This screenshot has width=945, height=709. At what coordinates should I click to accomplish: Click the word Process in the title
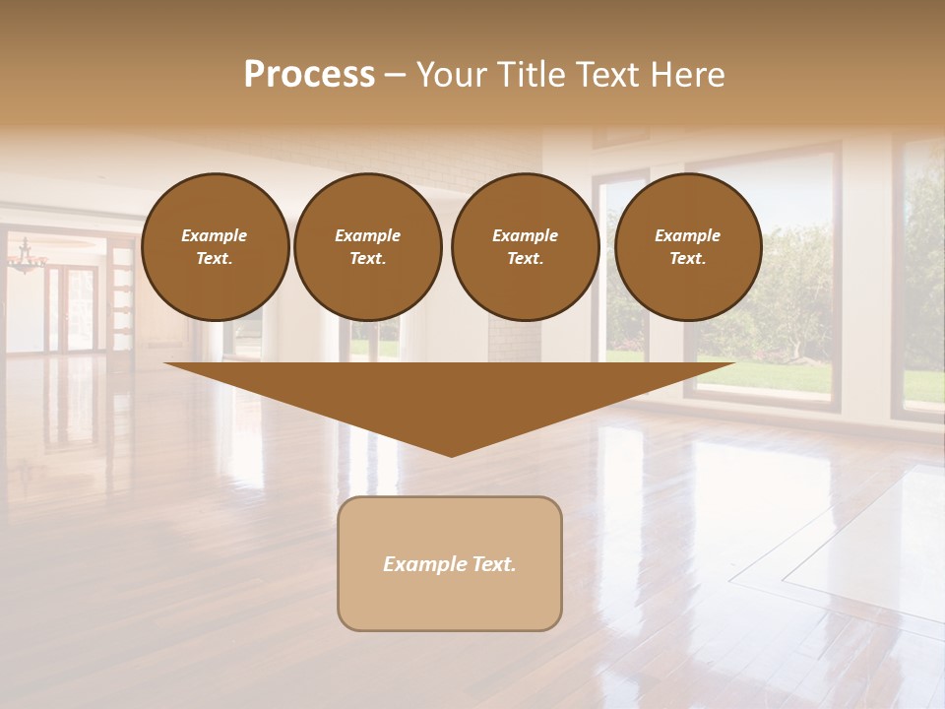click(309, 75)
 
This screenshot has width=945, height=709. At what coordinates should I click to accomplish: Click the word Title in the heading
click(523, 75)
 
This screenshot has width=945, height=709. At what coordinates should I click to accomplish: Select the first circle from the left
click(216, 247)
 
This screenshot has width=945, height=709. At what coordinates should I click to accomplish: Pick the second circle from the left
click(368, 247)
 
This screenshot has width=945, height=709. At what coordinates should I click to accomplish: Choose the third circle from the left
click(526, 247)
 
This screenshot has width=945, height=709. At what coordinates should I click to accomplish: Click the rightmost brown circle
click(688, 247)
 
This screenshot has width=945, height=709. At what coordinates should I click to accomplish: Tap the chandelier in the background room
click(27, 258)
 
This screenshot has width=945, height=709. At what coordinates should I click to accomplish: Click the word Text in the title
click(606, 75)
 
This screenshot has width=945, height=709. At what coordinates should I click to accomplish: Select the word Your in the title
click(451, 75)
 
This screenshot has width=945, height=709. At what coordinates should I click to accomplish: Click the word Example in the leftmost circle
click(215, 235)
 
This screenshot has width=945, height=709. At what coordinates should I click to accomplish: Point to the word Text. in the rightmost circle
click(688, 259)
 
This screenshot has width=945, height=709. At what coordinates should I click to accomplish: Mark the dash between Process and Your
click(395, 76)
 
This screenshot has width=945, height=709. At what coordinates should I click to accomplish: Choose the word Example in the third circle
click(525, 235)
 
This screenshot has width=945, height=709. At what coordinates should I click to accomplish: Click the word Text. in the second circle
click(368, 259)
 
